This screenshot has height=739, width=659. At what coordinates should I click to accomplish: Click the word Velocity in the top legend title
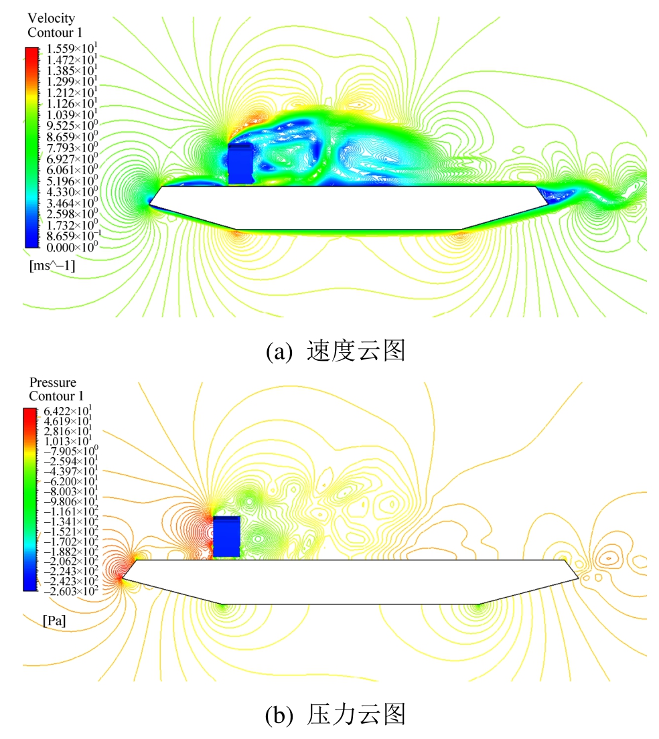point(52,18)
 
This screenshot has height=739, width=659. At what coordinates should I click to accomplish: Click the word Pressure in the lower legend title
point(53,382)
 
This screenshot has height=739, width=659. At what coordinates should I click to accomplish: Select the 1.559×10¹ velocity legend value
point(72,48)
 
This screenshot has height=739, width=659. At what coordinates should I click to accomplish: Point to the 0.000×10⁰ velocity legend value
point(72,247)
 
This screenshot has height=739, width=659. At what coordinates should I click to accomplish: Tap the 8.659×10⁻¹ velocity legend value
point(73,236)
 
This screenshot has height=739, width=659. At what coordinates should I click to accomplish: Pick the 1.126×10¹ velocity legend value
point(72,103)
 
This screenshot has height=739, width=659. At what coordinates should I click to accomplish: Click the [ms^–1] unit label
point(52,265)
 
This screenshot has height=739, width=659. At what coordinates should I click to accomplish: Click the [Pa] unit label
point(54,621)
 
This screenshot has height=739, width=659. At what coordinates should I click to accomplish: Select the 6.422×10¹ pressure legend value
point(68,411)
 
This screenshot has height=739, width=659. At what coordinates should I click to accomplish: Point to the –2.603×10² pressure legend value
point(71,591)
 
